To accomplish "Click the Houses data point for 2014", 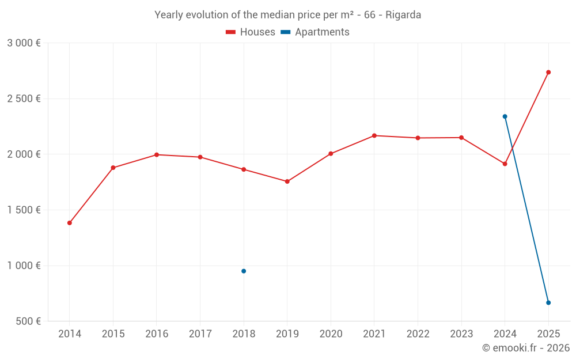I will (70, 223).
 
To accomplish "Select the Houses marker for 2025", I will (548, 72).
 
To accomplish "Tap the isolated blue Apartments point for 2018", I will (244, 271).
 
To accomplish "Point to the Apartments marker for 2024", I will (505, 116).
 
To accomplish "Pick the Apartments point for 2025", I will (548, 302).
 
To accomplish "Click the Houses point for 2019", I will (287, 181).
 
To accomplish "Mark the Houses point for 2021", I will (374, 135).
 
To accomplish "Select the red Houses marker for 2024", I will (505, 164).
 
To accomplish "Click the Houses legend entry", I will (251, 32).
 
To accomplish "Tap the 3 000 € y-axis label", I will (24, 43).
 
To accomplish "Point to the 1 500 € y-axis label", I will (24, 210).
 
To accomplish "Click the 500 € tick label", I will (28, 321).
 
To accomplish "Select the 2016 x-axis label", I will (157, 334).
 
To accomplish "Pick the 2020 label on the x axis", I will (331, 334).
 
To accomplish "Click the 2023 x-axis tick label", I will (461, 334).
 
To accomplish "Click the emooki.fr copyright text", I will (526, 348).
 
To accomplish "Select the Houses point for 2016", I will (157, 154).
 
